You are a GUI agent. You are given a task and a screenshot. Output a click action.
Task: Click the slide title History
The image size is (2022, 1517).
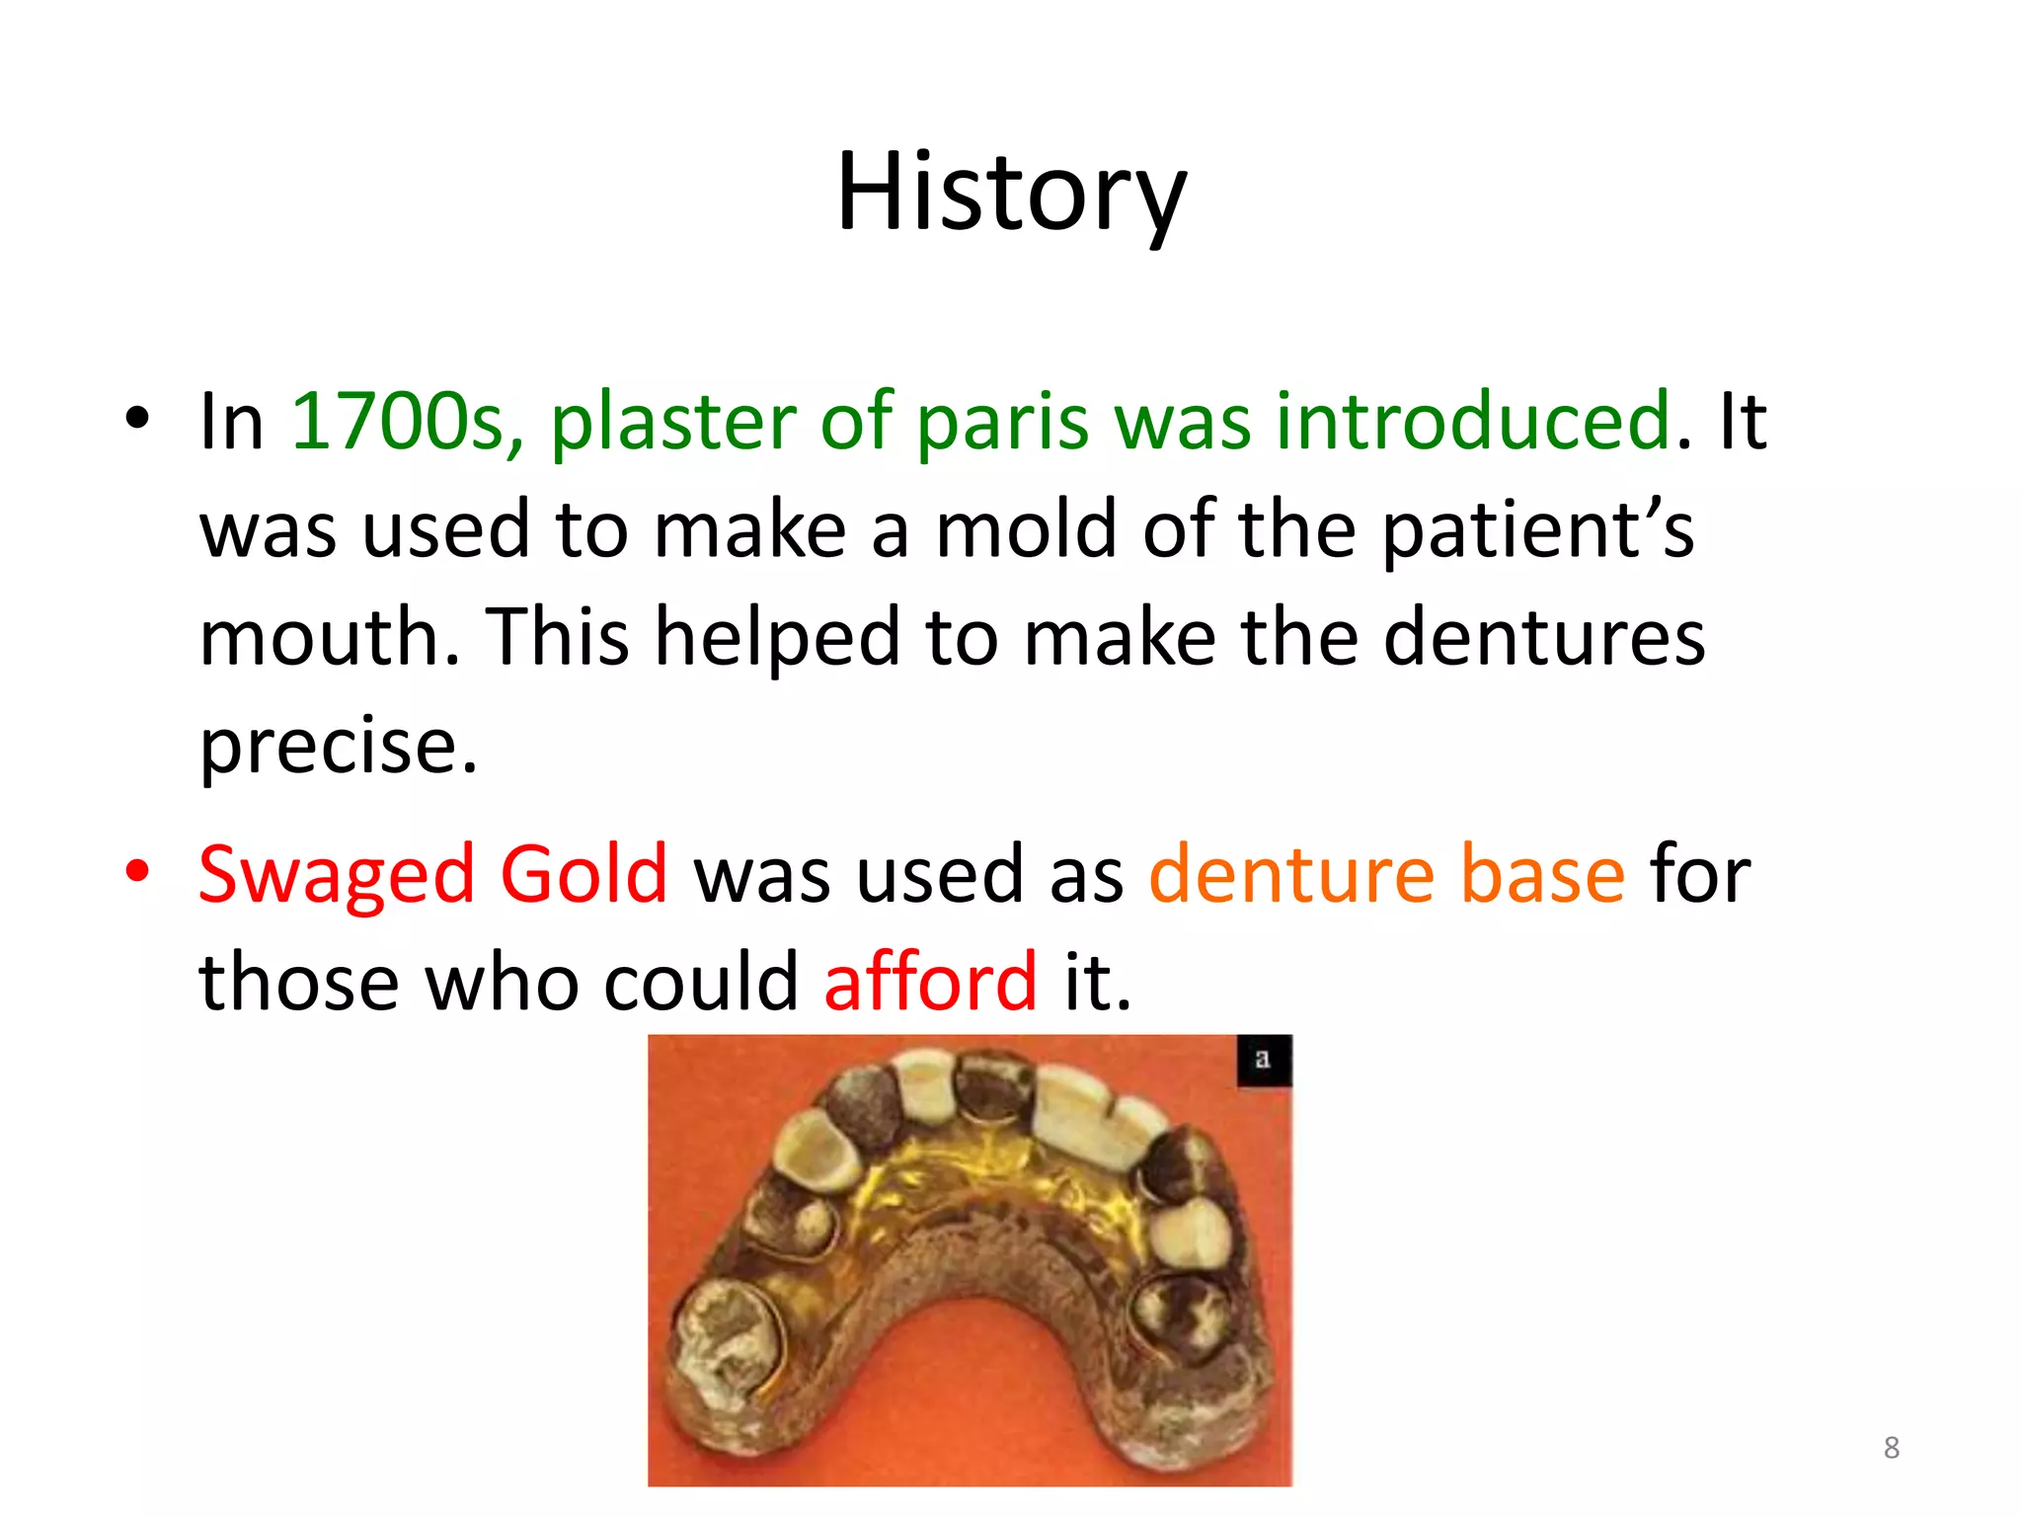tap(1011, 193)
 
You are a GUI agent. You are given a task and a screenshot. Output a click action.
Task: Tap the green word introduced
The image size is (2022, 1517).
tap(1473, 422)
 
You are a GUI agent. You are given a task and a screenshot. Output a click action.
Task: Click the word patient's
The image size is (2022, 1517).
tap(1537, 530)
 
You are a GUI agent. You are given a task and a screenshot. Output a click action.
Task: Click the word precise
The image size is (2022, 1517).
tap(338, 746)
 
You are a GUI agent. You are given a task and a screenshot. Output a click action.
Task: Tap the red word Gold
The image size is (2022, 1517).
tap(583, 875)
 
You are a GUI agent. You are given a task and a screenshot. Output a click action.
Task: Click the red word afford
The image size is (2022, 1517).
tap(930, 983)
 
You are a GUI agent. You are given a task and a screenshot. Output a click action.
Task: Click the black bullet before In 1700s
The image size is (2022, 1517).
tap(137, 419)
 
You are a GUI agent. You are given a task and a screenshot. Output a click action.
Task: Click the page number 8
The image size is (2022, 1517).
tap(1891, 1448)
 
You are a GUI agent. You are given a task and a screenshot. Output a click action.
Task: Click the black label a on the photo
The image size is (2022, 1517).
tap(1263, 1060)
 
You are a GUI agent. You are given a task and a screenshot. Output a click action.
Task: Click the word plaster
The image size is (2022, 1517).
tap(672, 422)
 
